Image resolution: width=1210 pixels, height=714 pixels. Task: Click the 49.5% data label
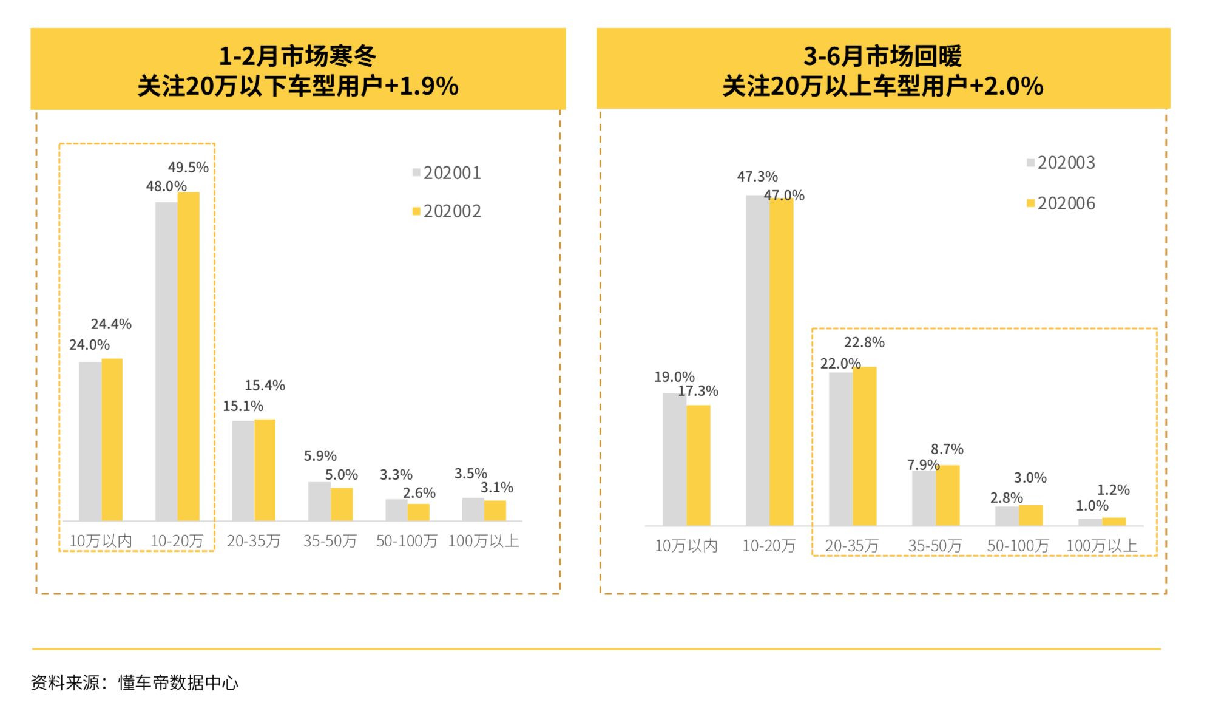point(188,168)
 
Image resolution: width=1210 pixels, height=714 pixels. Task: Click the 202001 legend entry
point(447,173)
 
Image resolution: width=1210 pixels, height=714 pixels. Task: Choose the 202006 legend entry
point(1061,203)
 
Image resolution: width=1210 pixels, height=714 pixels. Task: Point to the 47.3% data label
point(757,177)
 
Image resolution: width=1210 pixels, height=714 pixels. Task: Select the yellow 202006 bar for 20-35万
point(864,446)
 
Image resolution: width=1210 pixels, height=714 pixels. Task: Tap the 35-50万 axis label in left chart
point(330,541)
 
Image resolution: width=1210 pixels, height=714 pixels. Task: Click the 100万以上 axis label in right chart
point(1101,546)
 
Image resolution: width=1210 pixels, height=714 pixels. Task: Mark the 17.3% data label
point(698,391)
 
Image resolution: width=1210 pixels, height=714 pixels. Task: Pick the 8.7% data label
point(947,449)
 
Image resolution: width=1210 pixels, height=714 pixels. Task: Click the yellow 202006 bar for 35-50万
point(947,495)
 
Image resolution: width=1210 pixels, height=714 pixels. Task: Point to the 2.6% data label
point(419,493)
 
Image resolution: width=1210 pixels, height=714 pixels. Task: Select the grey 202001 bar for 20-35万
point(243,471)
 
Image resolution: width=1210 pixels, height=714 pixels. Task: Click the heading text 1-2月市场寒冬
point(297,56)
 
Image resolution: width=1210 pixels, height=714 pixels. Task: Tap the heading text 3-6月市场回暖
point(882,56)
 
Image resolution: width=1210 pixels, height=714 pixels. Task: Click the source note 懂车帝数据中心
point(178,683)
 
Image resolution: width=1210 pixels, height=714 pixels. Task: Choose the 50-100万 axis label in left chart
point(406,541)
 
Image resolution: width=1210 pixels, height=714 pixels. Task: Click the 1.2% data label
point(1113,490)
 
